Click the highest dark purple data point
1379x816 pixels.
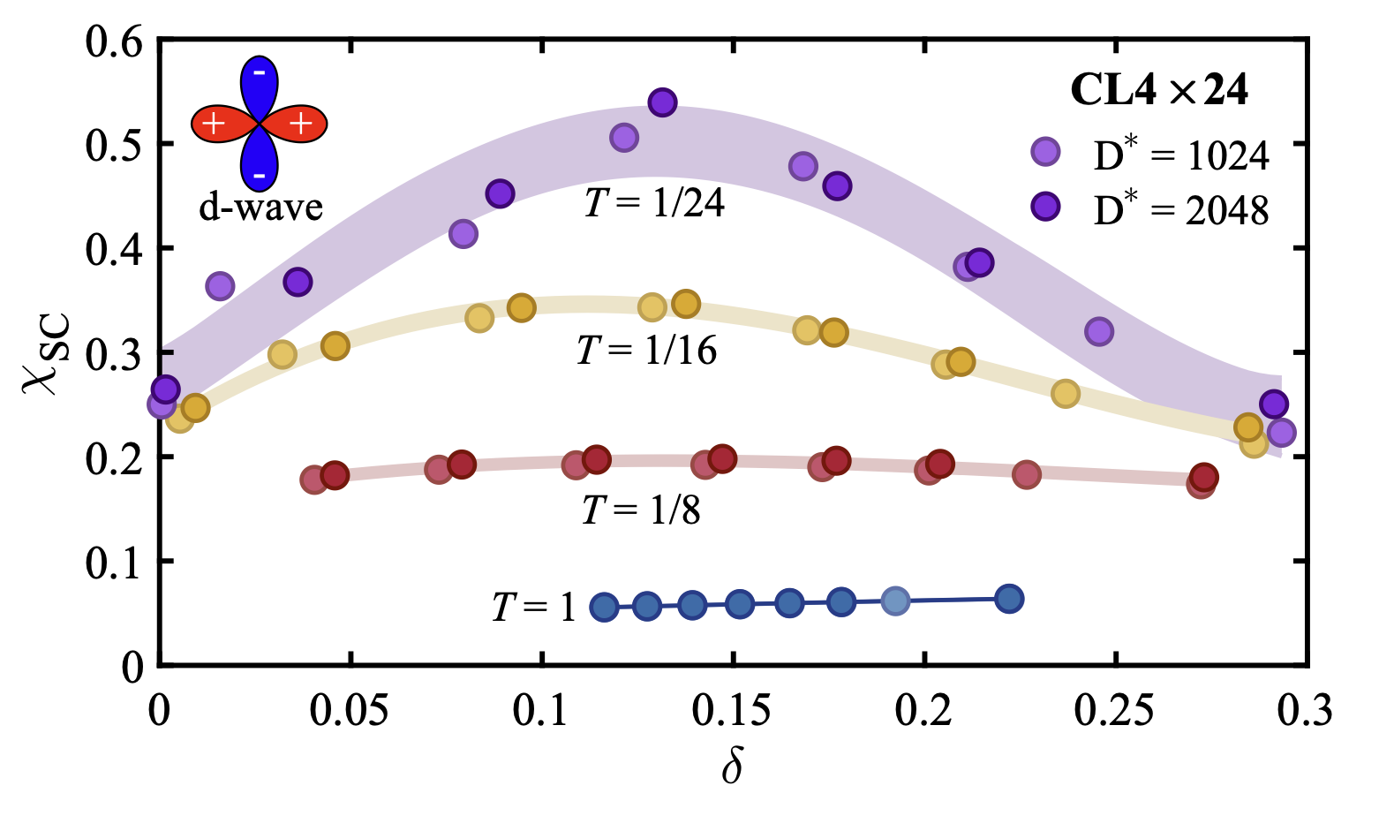click(x=662, y=102)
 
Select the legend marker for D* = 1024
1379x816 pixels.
click(x=1045, y=152)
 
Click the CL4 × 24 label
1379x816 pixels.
click(x=1159, y=90)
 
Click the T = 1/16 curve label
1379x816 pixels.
click(x=646, y=351)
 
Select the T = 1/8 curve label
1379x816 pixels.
click(x=641, y=510)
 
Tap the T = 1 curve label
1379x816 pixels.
click(x=533, y=608)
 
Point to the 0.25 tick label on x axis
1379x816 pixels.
click(x=1115, y=711)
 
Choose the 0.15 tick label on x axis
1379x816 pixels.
click(x=733, y=711)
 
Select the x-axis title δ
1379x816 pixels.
click(x=732, y=767)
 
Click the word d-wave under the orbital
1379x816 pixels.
click(x=260, y=208)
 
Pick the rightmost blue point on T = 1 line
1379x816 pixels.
click(x=1009, y=599)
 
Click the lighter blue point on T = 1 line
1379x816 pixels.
click(x=895, y=601)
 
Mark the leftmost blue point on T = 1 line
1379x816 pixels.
click(x=604, y=607)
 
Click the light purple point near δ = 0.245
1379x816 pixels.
click(x=1098, y=332)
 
